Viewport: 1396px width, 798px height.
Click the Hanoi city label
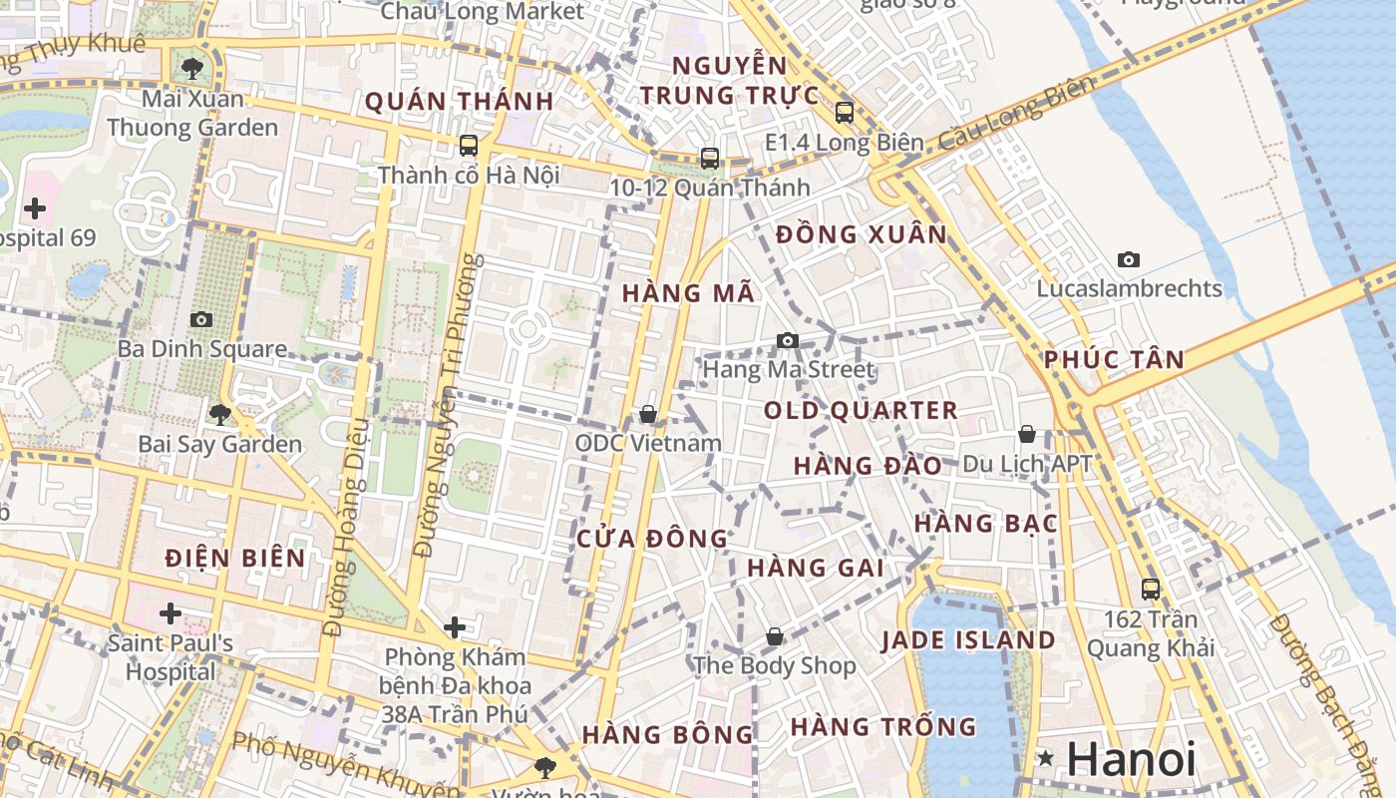(1131, 759)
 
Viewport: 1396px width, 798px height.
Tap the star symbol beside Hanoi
(1045, 758)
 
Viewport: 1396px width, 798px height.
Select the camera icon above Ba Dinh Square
(201, 319)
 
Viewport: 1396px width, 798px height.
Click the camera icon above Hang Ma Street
(787, 340)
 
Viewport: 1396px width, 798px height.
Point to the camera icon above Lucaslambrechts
(1129, 259)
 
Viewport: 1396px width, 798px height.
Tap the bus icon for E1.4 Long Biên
(845, 112)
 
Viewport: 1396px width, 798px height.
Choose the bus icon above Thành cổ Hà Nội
(469, 146)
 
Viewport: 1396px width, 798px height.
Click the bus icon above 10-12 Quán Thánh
(710, 158)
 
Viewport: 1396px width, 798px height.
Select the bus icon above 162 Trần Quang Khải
(1151, 589)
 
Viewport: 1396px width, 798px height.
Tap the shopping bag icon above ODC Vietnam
(648, 413)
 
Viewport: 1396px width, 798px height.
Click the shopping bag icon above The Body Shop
(775, 635)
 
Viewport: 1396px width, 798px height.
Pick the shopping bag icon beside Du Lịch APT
(1027, 434)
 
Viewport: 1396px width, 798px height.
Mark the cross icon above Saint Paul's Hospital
(171, 612)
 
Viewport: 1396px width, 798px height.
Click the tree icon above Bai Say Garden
(219, 413)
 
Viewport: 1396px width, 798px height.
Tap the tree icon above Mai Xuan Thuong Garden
(191, 69)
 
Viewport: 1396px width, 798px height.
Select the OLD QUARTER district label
(861, 410)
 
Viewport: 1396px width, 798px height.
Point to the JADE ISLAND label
(967, 640)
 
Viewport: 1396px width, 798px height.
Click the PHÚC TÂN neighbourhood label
(1114, 359)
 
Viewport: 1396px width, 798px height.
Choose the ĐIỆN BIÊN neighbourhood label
(235, 558)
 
